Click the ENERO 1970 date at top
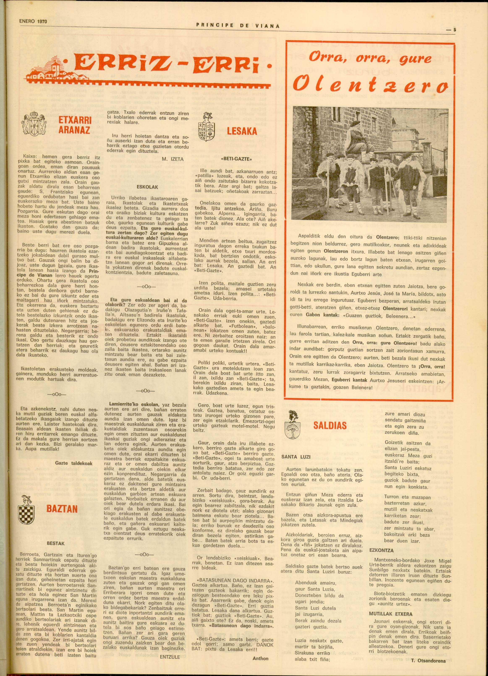pos(33,22)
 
